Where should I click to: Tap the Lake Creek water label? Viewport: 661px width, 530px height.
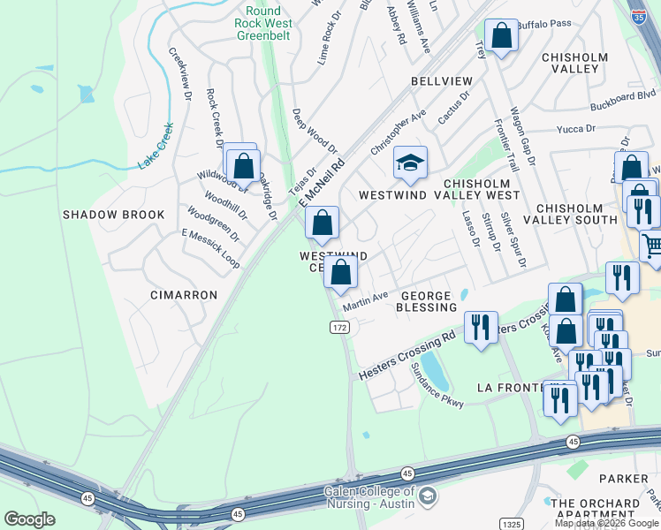coord(156,150)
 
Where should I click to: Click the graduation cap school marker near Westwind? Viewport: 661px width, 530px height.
coord(410,163)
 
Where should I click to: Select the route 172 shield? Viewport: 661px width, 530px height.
coord(338,327)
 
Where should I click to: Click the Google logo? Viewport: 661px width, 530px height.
coord(29,519)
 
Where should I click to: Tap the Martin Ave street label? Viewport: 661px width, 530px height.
coord(366,301)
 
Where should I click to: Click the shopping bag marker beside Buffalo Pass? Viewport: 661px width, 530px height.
coord(501,38)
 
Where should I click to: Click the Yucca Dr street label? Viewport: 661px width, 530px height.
coord(576,129)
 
